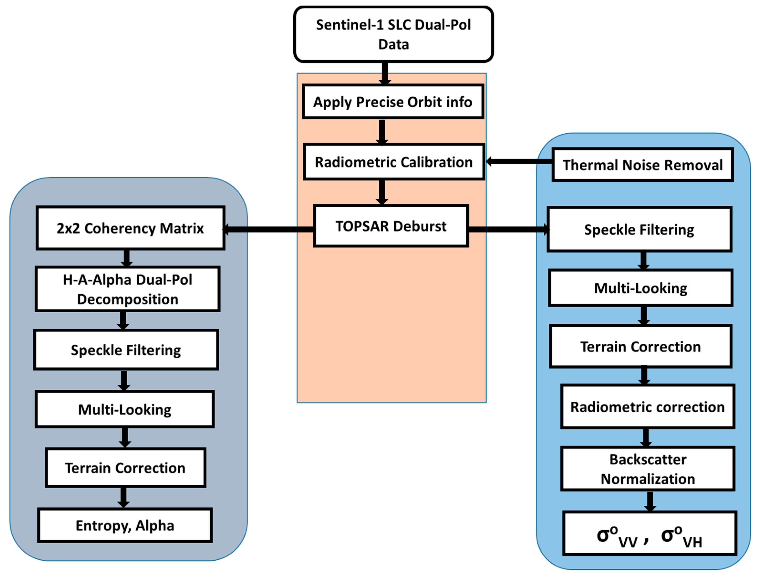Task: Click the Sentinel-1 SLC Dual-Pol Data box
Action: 393,34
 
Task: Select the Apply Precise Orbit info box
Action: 393,102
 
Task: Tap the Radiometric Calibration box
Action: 394,162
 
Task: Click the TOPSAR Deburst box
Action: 391,226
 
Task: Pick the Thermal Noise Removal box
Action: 642,165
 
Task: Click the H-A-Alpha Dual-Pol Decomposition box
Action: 127,289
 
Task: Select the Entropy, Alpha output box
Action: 125,525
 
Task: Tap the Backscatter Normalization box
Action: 648,469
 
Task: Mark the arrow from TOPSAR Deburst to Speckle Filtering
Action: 508,229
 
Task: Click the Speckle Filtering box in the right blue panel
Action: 639,229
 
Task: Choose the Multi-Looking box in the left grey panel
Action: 124,409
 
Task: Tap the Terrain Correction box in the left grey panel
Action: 125,468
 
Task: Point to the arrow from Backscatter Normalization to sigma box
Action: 650,501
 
